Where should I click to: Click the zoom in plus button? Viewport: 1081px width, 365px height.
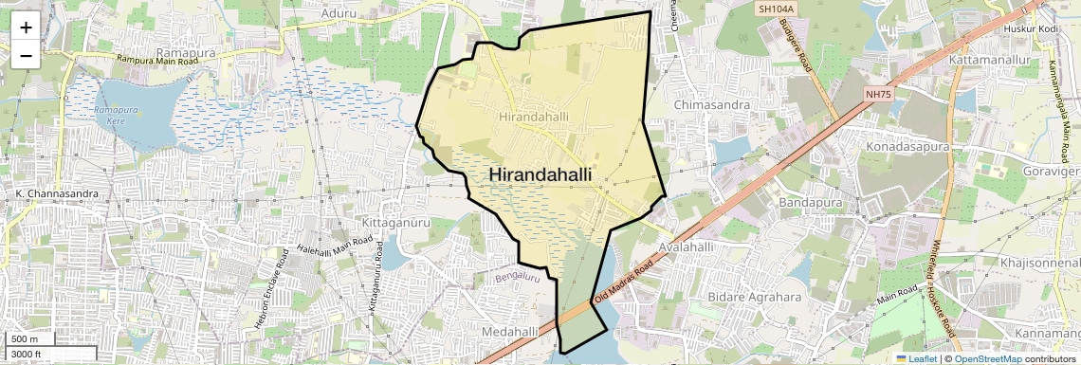[x=26, y=27]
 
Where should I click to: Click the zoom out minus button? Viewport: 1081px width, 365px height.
[x=26, y=55]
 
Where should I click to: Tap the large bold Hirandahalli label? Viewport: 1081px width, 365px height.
[x=540, y=174]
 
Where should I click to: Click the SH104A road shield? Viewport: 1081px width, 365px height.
[x=775, y=9]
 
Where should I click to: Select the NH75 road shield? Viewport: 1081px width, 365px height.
[x=879, y=94]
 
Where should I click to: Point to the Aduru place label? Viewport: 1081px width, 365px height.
[x=339, y=13]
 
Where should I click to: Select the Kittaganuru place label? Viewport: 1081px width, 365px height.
[x=396, y=222]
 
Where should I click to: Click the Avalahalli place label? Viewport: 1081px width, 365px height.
[x=685, y=246]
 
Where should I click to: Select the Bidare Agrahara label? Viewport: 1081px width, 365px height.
[x=756, y=298]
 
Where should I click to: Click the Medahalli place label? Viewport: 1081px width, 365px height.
[x=510, y=331]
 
